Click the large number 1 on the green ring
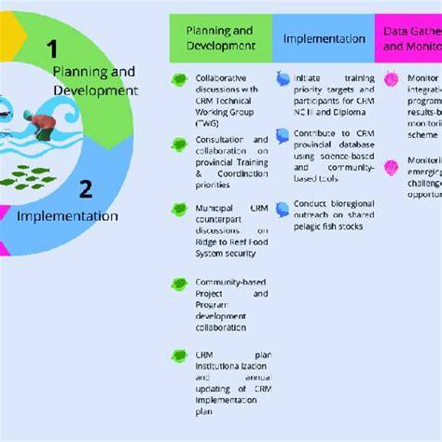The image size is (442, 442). pos(52,49)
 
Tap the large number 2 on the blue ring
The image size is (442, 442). pos(85,190)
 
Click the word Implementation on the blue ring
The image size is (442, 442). pos(67,215)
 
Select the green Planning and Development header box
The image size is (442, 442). pos(219,38)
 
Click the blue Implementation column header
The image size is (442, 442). pos(324,39)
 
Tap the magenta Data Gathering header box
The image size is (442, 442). pos(408,38)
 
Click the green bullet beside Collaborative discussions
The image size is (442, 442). pos(179,80)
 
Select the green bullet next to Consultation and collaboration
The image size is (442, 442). pos(179,144)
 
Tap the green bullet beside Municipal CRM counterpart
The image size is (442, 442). pos(179,209)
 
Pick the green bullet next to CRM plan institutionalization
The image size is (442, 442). pos(179,355)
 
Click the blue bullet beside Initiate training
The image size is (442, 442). pos(283,80)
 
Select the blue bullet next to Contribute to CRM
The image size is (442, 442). pos(283,137)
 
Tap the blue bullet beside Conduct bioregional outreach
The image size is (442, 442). pos(283,201)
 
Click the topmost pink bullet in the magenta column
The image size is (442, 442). pos(392,80)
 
